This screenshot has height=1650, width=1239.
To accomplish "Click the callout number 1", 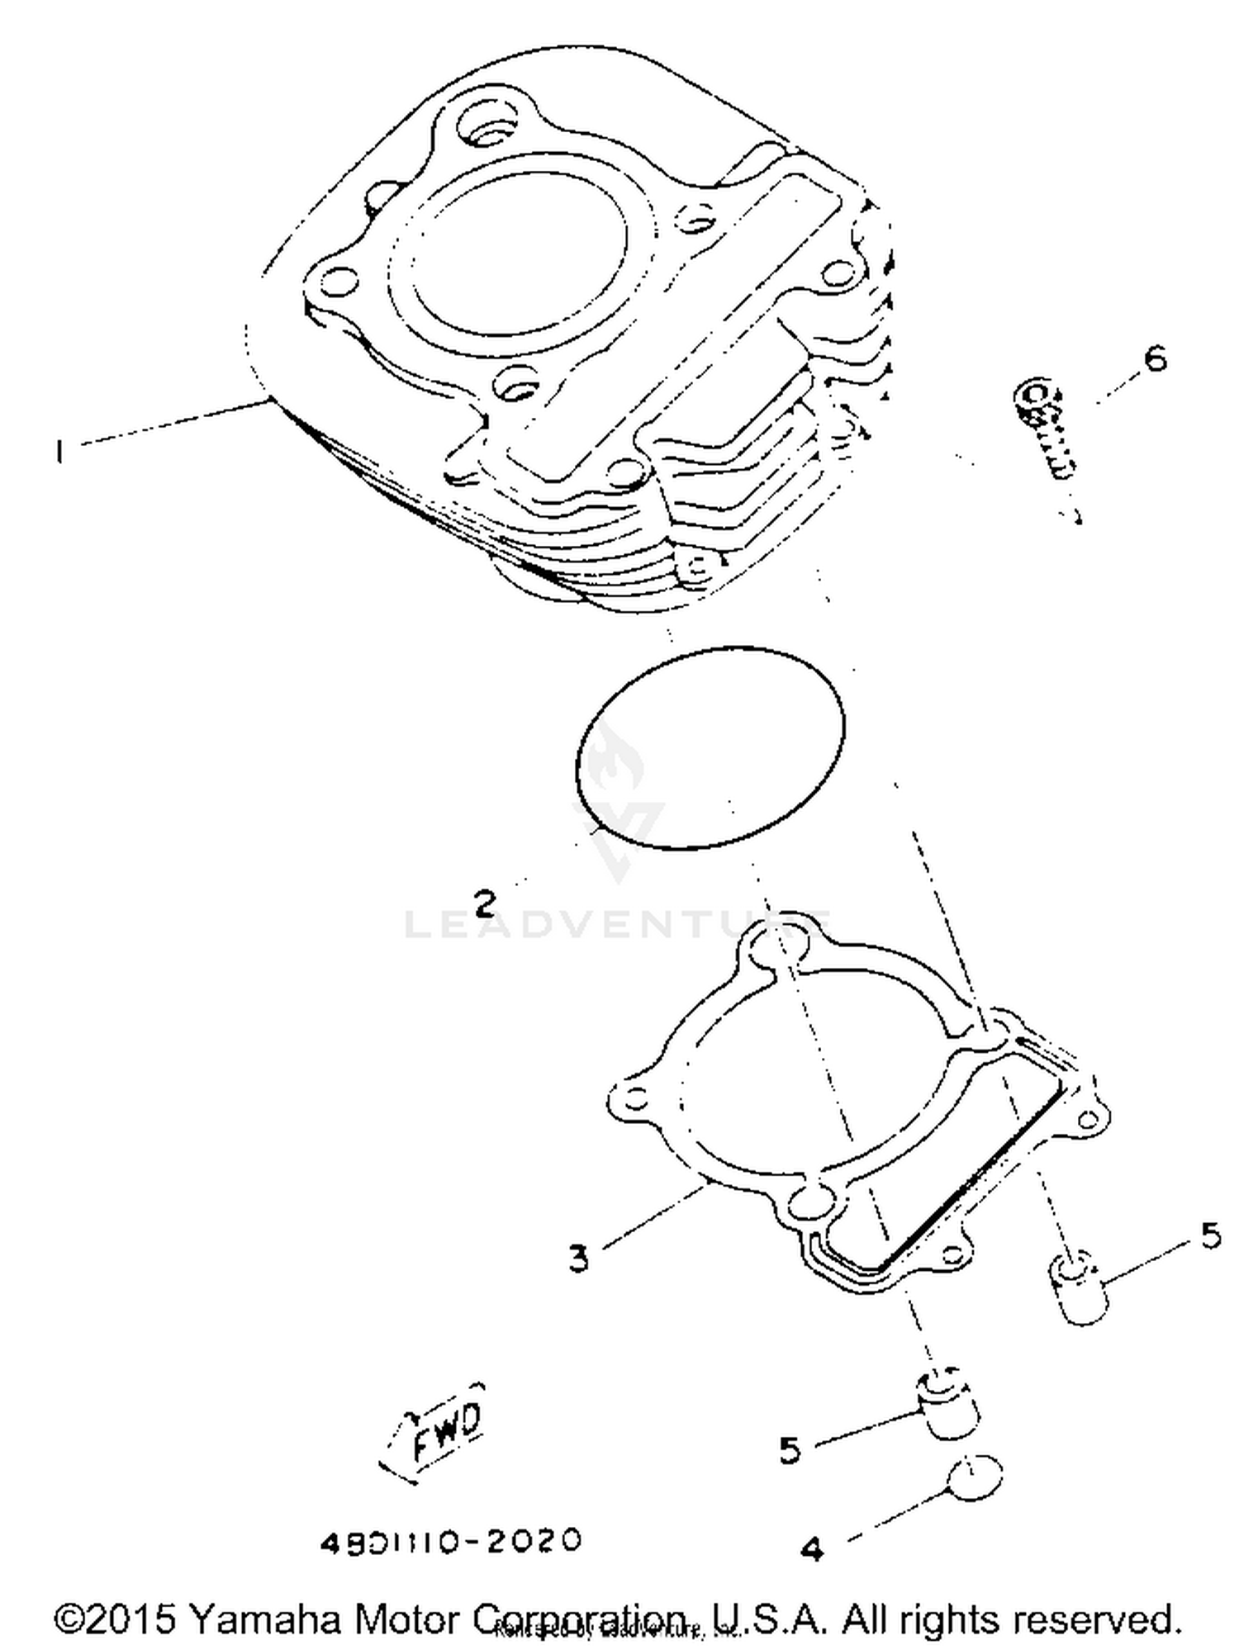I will tap(59, 452).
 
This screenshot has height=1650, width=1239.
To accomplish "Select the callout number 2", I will tap(486, 903).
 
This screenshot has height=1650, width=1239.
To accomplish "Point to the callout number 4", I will tap(813, 1549).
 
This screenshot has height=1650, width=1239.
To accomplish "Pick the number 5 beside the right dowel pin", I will tap(1210, 1235).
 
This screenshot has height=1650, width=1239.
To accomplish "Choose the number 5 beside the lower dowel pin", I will tap(790, 1449).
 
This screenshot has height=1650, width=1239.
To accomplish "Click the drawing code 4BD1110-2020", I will tap(451, 1541).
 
